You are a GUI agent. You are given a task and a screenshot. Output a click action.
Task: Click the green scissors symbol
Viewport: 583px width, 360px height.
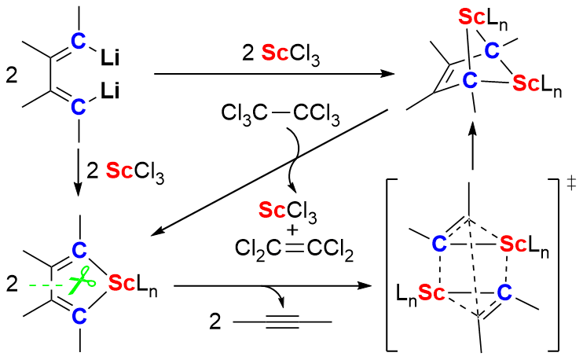pos(80,281)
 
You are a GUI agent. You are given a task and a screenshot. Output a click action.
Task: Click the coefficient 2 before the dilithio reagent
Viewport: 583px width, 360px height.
pos(10,75)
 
